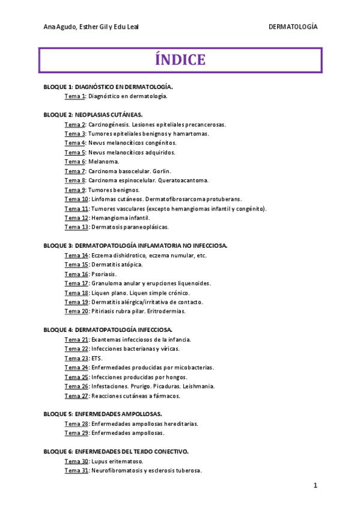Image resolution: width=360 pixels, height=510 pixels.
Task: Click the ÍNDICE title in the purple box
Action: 180,60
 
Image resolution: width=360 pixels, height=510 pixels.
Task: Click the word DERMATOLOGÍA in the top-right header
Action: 293,27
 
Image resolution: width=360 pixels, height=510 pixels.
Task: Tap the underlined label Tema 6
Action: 75,162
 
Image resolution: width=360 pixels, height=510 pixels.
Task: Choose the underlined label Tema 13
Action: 77,227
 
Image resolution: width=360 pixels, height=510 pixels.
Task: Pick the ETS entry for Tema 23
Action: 97,358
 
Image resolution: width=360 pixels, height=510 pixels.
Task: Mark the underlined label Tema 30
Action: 77,461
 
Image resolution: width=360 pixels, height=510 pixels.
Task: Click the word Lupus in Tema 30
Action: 100,461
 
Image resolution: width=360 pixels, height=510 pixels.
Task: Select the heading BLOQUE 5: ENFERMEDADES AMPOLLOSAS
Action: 103,414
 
